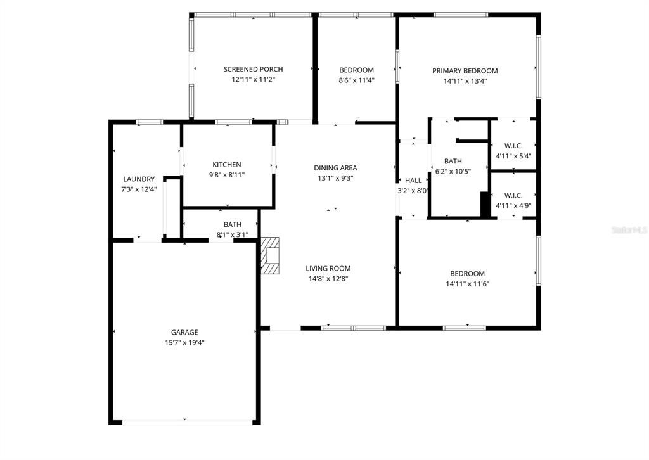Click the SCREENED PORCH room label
(x=253, y=69)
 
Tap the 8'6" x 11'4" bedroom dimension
(x=356, y=80)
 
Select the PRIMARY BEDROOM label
(x=465, y=71)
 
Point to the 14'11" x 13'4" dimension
(x=465, y=81)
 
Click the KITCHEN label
(x=226, y=165)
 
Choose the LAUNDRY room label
(x=139, y=179)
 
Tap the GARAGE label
(x=184, y=332)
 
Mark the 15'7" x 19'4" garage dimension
(x=184, y=342)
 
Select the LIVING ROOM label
(x=328, y=268)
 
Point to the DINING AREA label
(x=335, y=168)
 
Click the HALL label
(x=413, y=181)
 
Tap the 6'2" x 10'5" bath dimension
(x=453, y=171)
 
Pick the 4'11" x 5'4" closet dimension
(x=513, y=155)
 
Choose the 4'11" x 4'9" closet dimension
(x=513, y=205)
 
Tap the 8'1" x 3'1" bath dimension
(x=232, y=234)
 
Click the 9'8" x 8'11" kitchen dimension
(x=226, y=175)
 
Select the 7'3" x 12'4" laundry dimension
(x=139, y=189)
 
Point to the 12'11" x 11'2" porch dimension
(x=253, y=80)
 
